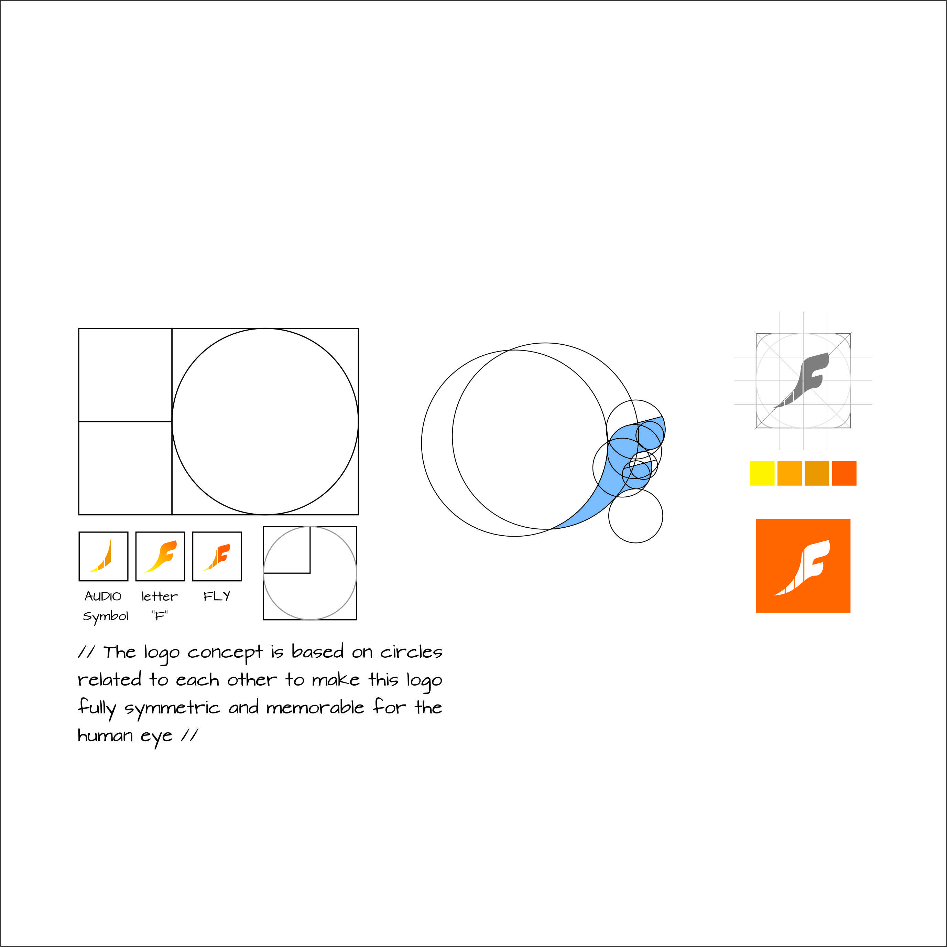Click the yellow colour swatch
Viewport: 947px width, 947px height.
(762, 473)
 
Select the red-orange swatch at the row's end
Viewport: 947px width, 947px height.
(844, 473)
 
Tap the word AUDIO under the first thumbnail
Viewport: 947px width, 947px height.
(103, 596)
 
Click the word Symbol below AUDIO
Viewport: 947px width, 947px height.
(105, 616)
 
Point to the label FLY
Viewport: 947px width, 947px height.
(217, 596)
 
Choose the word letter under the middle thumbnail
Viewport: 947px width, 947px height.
(159, 596)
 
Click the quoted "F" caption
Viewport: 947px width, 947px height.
(160, 615)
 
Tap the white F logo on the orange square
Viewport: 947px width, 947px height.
(802, 568)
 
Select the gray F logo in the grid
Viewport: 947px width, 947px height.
(802, 380)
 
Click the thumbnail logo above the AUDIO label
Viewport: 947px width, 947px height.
(101, 556)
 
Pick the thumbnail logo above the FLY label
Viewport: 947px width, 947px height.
(217, 557)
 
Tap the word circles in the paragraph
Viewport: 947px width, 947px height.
(411, 652)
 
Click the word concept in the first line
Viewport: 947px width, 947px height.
(225, 653)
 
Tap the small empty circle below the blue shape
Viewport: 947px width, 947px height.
(635, 515)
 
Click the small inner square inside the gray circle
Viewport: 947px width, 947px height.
(287, 550)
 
